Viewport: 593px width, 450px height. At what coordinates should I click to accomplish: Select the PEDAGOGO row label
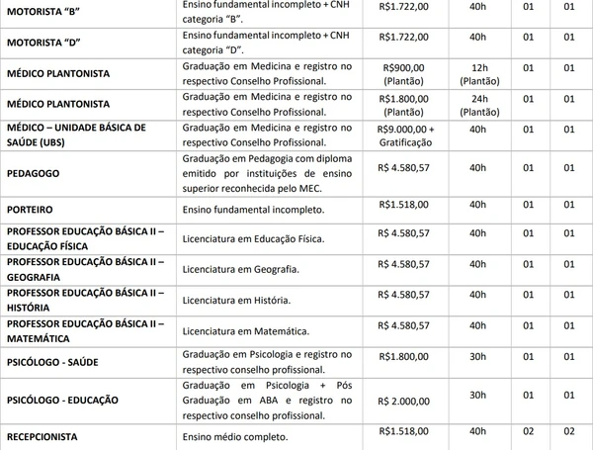coord(33,170)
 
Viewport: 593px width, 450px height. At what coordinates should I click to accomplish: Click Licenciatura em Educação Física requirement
coord(253,238)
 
